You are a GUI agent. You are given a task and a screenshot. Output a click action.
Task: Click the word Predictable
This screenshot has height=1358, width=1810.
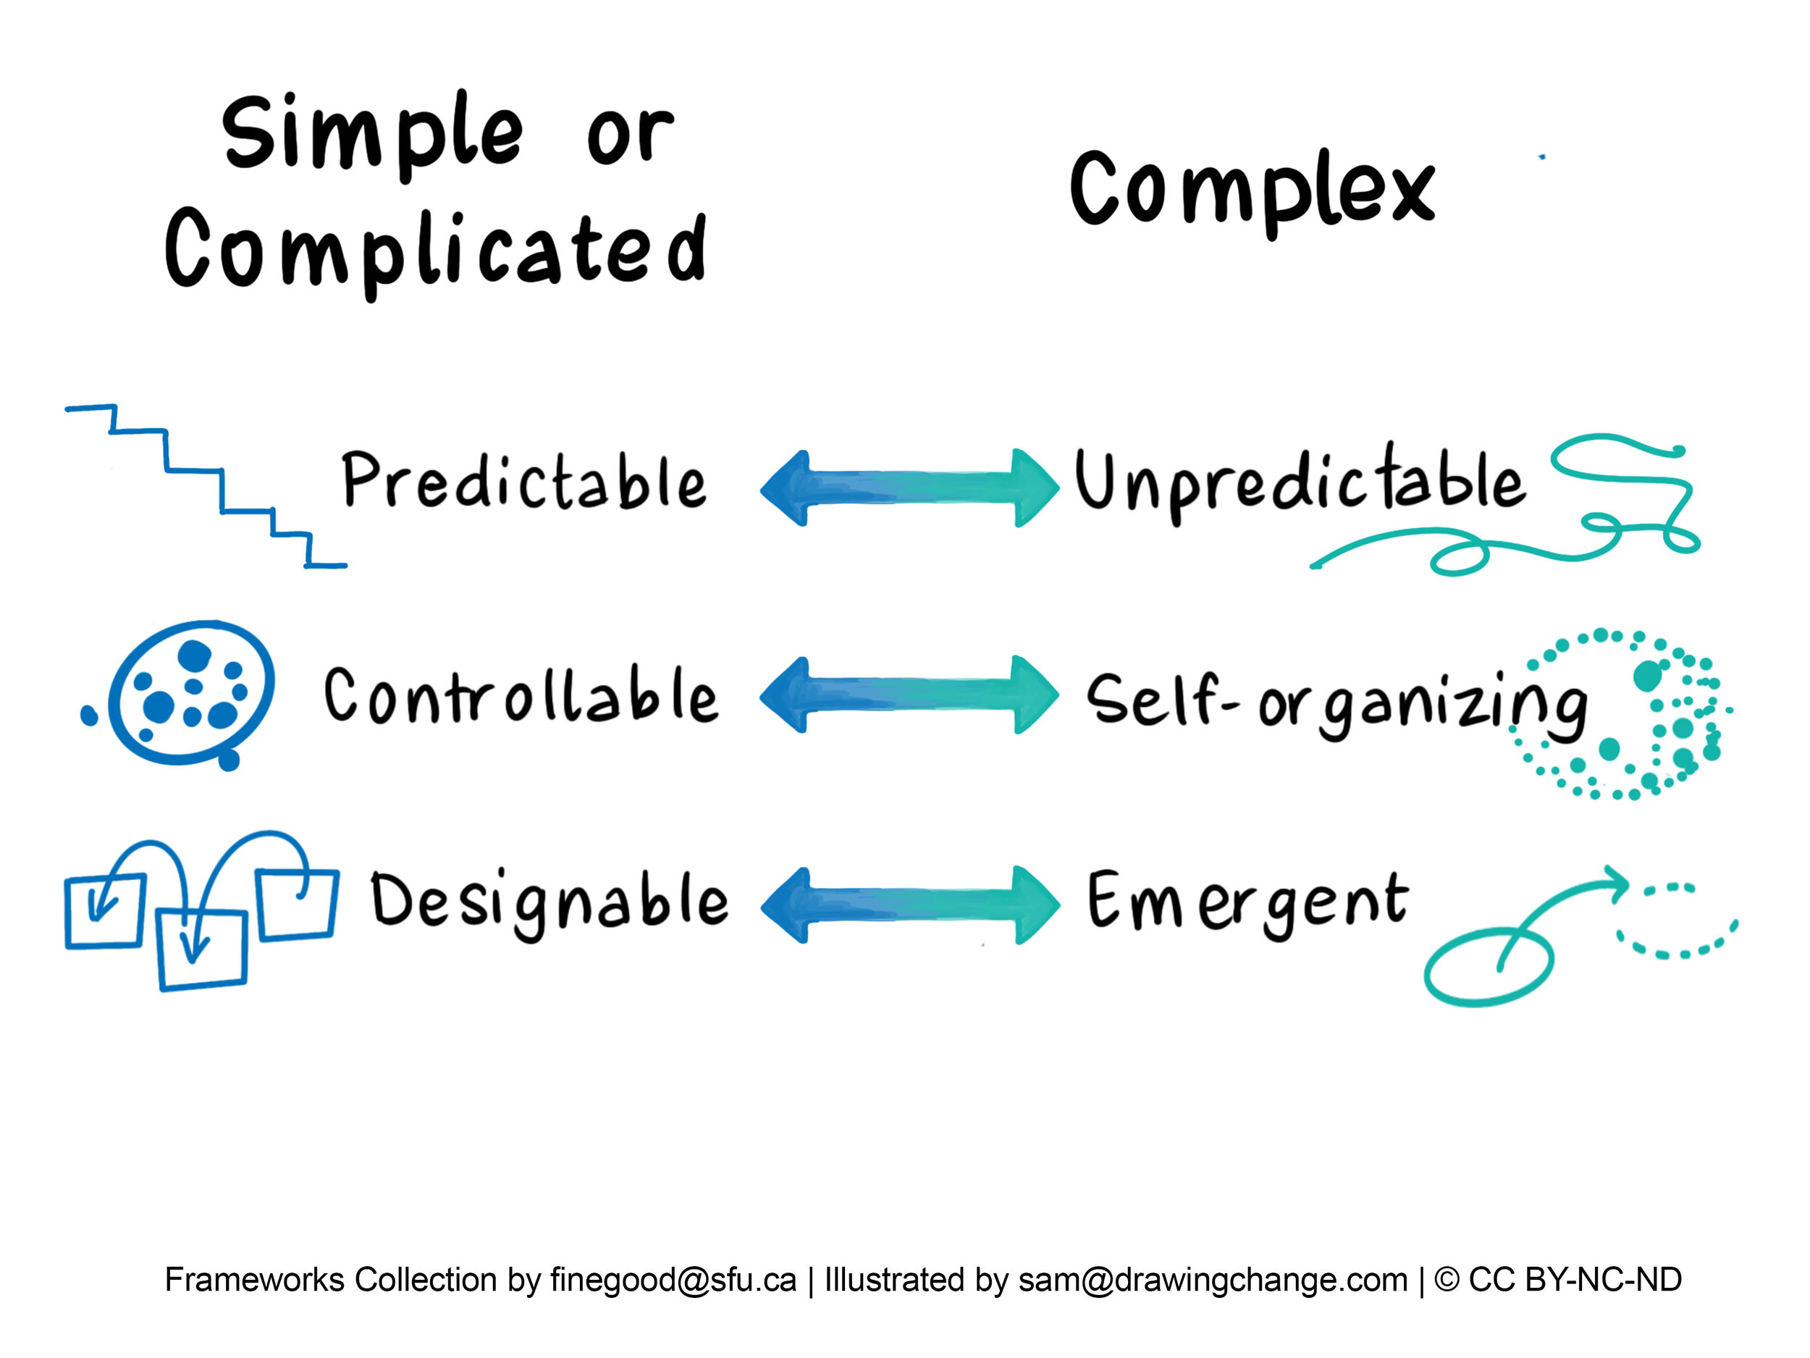[x=523, y=482]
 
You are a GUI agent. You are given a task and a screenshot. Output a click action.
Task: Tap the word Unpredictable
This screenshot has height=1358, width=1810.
[x=1300, y=483]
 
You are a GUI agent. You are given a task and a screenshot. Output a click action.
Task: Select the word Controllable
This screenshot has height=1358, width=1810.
[x=521, y=696]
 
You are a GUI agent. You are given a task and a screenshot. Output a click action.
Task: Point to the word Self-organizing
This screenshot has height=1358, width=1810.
[x=1335, y=703]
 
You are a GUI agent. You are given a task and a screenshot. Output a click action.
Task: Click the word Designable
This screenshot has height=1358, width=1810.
[x=548, y=900]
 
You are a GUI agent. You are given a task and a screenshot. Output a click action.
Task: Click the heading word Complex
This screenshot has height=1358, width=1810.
[x=1252, y=190]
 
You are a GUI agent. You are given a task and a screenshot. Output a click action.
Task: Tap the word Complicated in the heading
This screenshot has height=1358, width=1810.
[x=435, y=250]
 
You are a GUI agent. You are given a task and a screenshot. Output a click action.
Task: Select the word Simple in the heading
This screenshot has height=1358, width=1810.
[x=372, y=133]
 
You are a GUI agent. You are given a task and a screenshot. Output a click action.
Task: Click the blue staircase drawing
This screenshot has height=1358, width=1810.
[x=205, y=483]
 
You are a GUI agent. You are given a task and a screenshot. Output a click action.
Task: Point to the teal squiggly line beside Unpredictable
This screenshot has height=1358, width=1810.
[x=1554, y=524]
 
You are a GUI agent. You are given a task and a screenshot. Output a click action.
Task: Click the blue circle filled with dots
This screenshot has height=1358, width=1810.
[x=191, y=692]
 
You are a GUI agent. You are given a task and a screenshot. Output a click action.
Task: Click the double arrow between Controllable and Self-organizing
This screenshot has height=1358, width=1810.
[x=909, y=694]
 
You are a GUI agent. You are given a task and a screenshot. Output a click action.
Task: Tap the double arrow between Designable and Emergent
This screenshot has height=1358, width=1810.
[x=910, y=905]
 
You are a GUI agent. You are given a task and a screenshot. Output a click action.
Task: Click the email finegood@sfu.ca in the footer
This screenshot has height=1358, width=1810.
[x=673, y=1280]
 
